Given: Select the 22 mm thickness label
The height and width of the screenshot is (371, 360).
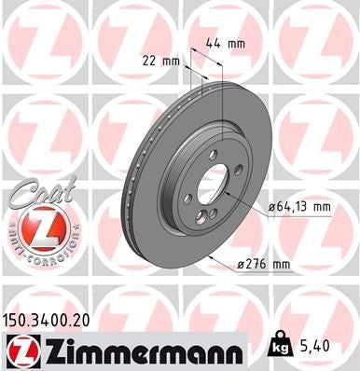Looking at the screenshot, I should click(x=163, y=61).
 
